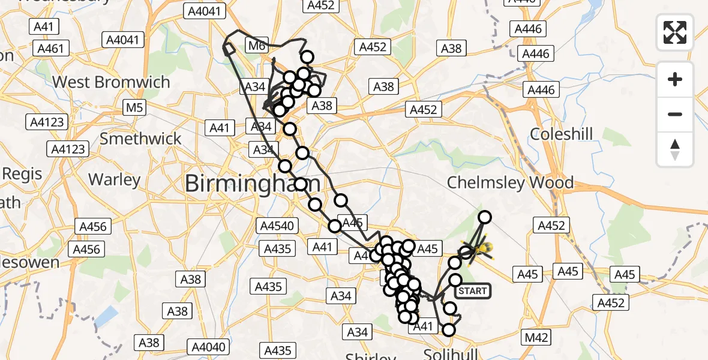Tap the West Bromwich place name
(x=112, y=82)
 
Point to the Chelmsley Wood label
(x=511, y=182)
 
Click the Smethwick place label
(x=140, y=139)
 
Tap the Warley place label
(x=114, y=179)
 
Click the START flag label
(x=473, y=292)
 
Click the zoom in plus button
(x=675, y=80)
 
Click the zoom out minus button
(x=675, y=114)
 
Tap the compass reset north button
(x=675, y=149)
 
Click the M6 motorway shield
(x=256, y=44)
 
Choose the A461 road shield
(x=50, y=49)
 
